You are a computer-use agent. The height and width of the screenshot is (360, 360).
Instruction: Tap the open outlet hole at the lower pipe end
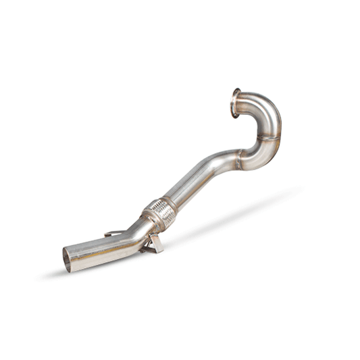pyautogui.click(x=67, y=259)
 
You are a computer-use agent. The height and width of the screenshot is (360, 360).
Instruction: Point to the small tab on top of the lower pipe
pyautogui.click(x=113, y=234)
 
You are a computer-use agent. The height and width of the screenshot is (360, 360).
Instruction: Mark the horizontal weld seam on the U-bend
pyautogui.click(x=269, y=138)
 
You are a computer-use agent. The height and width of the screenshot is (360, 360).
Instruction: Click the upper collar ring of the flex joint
pyautogui.click(x=168, y=204)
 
